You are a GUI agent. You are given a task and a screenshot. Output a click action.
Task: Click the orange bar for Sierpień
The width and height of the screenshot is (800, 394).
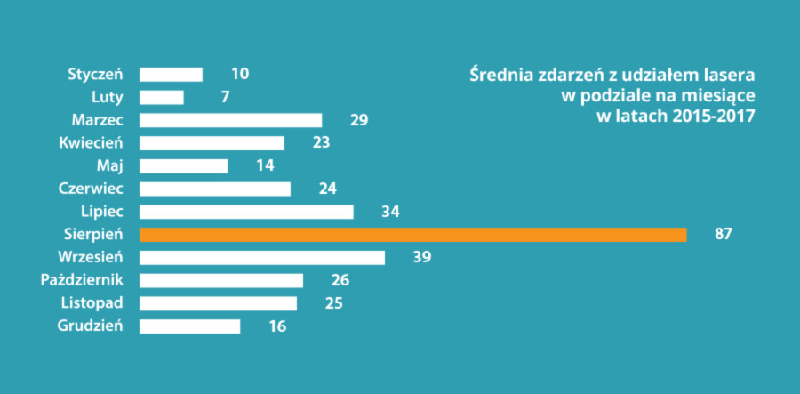pos(413,235)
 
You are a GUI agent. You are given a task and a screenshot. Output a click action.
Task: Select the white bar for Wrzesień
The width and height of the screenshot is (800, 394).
pos(262,258)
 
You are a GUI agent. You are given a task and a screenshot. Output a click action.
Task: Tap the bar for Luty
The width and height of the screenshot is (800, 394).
pos(162,97)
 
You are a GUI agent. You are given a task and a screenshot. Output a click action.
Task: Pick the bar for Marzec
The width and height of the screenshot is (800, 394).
pos(231,120)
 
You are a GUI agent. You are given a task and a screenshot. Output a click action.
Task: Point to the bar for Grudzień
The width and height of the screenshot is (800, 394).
pos(190,326)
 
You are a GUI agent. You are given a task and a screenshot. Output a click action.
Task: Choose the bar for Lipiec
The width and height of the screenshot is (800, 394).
pos(246,212)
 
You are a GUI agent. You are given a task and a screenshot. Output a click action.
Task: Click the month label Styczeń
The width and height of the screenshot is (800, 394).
pos(95,74)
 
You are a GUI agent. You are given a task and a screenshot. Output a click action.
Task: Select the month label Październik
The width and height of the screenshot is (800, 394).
pos(82,281)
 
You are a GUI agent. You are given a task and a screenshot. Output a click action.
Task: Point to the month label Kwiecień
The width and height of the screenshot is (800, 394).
pos(91,143)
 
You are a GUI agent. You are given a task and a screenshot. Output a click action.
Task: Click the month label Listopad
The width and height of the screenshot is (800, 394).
pos(92,303)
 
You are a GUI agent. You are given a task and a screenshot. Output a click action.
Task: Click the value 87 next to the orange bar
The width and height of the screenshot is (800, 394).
pos(723,235)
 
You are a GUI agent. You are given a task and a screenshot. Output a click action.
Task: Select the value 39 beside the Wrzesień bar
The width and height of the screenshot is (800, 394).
pos(421,258)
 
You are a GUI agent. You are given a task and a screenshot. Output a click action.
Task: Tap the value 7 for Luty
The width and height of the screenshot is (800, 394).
pos(225,97)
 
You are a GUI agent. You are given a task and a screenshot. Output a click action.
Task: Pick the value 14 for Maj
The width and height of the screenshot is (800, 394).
pos(263,166)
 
